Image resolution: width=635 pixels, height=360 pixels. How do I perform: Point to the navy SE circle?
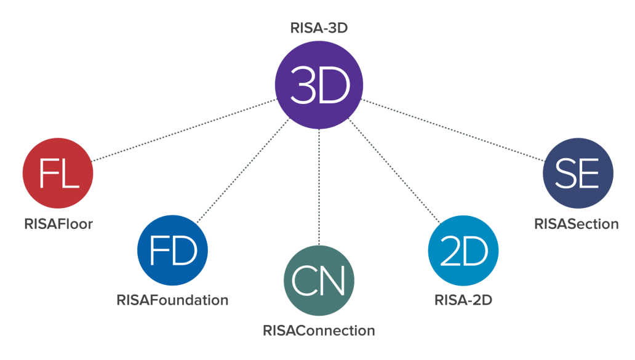(x=578, y=174)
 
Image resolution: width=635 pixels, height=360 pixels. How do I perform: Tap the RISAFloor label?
(x=58, y=224)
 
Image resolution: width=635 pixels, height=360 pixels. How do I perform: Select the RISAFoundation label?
(x=173, y=300)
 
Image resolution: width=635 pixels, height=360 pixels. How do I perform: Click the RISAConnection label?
(x=319, y=331)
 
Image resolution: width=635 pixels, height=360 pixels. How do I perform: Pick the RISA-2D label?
(x=463, y=300)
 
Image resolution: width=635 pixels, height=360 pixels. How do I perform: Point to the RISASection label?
(x=577, y=224)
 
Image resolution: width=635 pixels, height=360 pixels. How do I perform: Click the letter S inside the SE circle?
(x=566, y=175)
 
